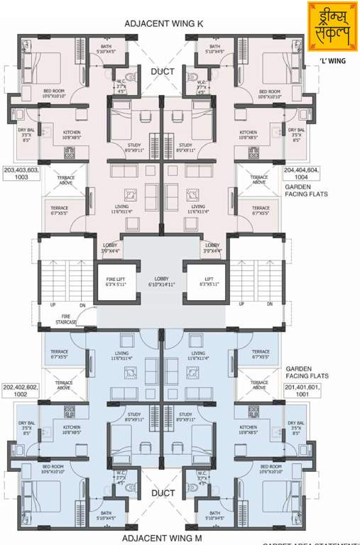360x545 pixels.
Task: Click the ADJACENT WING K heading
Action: (x=164, y=23)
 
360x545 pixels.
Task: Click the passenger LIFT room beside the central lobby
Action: (x=204, y=282)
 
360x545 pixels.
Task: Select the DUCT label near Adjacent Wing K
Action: (x=162, y=72)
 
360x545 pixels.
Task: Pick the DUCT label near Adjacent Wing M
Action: (x=163, y=492)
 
